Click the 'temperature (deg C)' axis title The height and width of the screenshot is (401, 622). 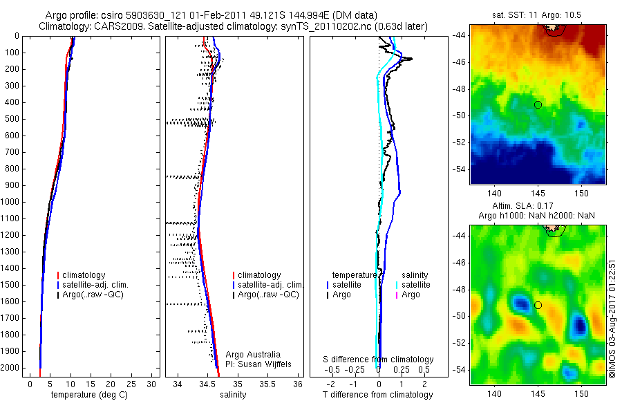(x=83, y=395)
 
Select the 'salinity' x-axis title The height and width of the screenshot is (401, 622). (x=232, y=395)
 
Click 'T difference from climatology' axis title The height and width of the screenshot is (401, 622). (x=378, y=395)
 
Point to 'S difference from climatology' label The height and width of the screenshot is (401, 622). (x=379, y=360)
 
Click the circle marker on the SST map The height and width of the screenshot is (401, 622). (x=538, y=104)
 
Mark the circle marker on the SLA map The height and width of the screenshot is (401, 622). (x=538, y=305)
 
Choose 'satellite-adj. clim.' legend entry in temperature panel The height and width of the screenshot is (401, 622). (x=100, y=285)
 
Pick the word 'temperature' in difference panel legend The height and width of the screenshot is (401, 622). (x=355, y=274)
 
